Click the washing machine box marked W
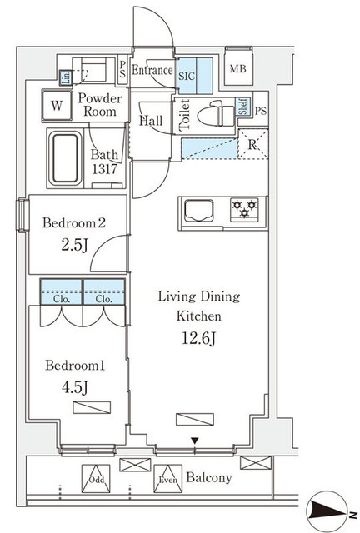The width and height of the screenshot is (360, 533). point(57,106)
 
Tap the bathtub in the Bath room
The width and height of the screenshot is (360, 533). point(65,158)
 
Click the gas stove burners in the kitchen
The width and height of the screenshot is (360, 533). point(244,208)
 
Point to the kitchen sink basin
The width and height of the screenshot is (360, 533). point(199,211)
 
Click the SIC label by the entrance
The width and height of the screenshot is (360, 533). point(187,76)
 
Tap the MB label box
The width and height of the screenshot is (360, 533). point(238,69)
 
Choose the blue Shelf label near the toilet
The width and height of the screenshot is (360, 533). point(243,107)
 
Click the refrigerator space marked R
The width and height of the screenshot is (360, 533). point(252,144)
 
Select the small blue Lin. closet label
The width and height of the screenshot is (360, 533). point(66,77)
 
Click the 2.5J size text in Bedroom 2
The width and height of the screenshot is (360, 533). point(74,245)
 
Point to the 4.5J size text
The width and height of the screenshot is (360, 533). point(75,386)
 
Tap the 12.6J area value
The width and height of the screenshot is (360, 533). point(198,339)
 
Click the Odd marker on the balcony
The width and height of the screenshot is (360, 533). point(96,479)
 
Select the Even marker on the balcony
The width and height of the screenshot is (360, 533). point(168,479)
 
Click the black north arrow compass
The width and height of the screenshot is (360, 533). point(326,511)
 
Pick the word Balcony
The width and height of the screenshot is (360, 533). point(209,477)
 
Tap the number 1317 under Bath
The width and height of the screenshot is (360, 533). point(105,169)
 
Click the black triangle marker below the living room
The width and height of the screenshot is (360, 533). point(194,441)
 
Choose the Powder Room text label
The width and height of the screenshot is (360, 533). point(100,105)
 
